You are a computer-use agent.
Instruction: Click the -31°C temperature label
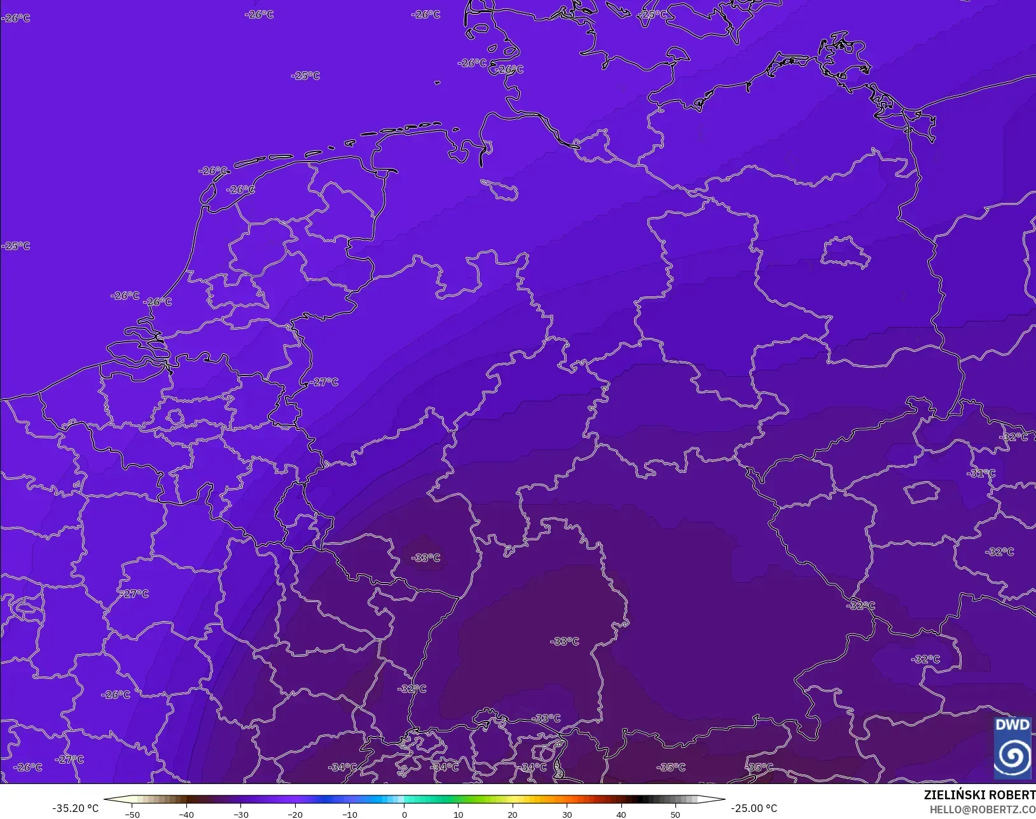981,473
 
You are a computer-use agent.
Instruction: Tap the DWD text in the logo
1012,725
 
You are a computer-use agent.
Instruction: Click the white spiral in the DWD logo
1012,755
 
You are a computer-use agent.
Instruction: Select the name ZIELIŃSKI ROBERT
979,795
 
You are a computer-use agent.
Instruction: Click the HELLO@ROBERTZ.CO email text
983,809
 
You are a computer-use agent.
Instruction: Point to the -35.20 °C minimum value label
75,808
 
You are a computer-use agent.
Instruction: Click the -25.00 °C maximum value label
754,808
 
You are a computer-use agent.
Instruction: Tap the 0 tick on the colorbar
404,815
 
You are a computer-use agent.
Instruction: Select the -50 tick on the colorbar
132,815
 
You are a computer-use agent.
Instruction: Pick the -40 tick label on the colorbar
186,815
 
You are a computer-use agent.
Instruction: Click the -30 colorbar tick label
240,815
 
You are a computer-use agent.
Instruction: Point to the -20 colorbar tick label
295,815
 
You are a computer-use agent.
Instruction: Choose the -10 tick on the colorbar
349,815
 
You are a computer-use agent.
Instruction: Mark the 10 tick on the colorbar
458,815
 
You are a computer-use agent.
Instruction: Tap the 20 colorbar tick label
513,815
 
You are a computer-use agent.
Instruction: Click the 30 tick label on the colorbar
567,815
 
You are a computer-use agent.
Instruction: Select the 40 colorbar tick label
621,815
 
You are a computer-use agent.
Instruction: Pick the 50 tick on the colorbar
675,815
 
